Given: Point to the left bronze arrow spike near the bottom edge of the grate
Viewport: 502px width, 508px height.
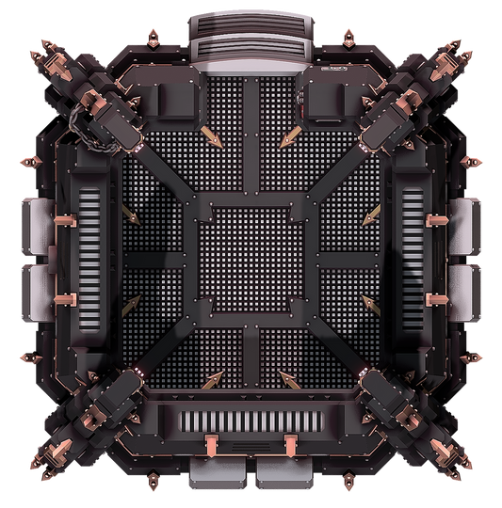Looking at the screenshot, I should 212,380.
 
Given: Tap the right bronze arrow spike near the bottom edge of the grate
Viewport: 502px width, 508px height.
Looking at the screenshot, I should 287,380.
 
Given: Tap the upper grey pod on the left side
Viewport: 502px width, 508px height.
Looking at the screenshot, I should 37,224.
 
